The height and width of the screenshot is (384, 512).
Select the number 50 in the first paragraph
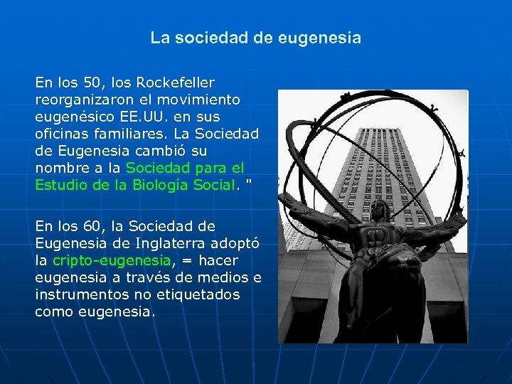tap(89, 82)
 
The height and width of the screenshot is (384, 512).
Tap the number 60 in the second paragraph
tap(89, 226)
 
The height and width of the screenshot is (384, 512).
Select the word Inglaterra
tap(164, 243)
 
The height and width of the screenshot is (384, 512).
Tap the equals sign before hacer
tap(183, 260)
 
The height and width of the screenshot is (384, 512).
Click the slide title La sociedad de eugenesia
tap(255, 38)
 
